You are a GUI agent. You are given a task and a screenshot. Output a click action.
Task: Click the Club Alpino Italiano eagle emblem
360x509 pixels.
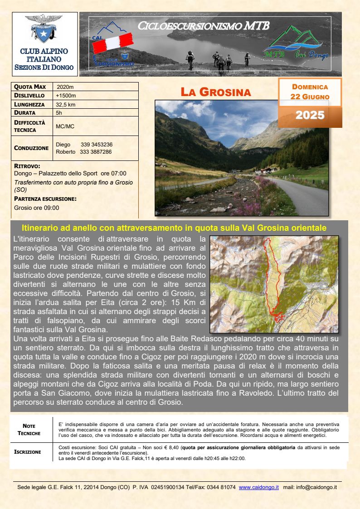click(x=44, y=29)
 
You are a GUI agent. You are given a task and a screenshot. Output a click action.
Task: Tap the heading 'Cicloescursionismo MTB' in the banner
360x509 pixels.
click(x=204, y=26)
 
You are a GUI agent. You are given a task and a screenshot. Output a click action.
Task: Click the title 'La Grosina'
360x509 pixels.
click(x=215, y=92)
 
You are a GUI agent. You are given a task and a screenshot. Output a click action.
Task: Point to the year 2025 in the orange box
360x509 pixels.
click(x=310, y=115)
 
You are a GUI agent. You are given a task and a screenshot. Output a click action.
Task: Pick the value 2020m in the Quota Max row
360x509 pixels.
click(x=65, y=87)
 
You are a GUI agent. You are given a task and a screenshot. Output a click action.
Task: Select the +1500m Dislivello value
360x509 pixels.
click(x=66, y=96)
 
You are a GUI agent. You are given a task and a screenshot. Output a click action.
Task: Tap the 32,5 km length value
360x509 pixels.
click(x=65, y=104)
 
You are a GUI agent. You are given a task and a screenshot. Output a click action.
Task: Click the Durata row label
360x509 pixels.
click(x=25, y=112)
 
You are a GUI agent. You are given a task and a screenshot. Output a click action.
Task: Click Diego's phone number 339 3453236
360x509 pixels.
click(x=97, y=145)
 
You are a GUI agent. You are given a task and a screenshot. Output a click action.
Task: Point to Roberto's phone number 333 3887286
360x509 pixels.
click(x=96, y=152)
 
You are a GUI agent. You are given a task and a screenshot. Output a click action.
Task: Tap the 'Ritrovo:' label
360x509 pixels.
click(x=27, y=166)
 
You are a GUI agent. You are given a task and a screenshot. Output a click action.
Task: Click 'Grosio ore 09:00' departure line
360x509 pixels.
click(x=37, y=208)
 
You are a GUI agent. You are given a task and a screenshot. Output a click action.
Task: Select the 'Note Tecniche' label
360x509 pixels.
click(x=32, y=429)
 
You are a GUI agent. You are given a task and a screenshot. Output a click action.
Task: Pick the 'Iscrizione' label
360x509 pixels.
click(x=28, y=452)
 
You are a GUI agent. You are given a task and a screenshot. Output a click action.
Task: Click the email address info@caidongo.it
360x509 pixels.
click(x=316, y=487)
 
